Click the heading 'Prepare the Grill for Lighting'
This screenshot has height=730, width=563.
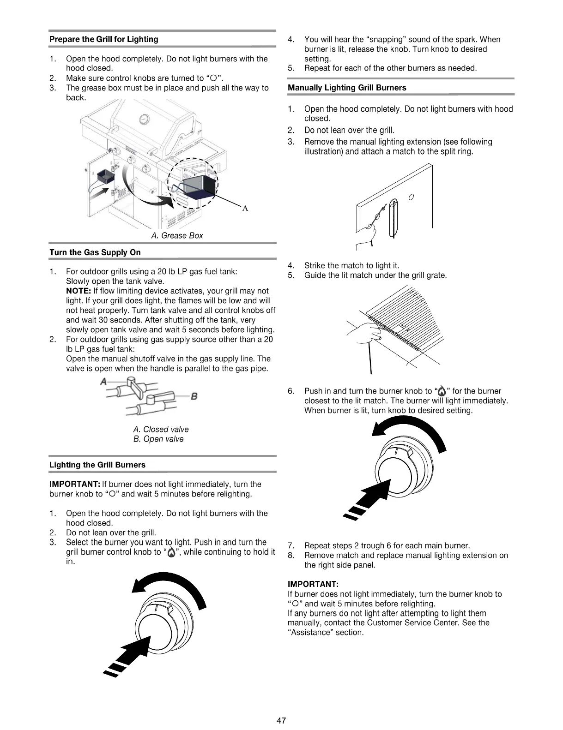coord(103,40)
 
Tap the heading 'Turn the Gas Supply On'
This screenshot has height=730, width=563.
coord(95,252)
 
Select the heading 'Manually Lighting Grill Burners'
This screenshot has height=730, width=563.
coord(347,88)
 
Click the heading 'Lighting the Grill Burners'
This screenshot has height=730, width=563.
coord(97,465)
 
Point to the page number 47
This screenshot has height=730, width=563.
coord(281,720)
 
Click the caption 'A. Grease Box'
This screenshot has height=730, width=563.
coord(177,236)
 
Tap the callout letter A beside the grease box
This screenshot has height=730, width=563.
coord(245,209)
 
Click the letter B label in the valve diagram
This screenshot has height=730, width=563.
coord(194,396)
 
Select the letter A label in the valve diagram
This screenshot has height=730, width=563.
coord(104,381)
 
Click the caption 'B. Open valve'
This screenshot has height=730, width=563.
coord(158,439)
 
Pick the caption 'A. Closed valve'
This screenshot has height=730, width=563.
coord(161,430)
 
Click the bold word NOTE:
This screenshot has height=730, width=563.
coord(79,291)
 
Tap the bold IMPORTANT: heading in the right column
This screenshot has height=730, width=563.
coord(313,585)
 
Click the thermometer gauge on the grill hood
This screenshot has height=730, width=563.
coord(145,119)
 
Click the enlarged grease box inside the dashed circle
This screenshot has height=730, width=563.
coord(199,186)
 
